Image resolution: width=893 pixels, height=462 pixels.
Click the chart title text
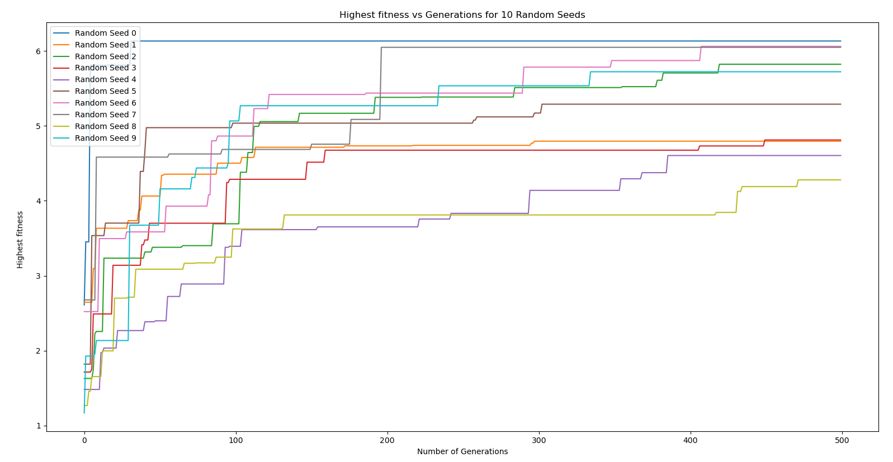[x=462, y=15]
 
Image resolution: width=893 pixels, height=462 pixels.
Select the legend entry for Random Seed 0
[x=105, y=34]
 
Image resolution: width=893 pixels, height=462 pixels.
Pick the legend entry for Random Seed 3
[x=105, y=68]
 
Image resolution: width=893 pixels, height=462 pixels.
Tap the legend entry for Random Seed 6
[x=105, y=103]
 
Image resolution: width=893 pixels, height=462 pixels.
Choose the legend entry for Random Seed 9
[x=105, y=138]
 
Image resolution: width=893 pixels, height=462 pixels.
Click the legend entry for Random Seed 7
[x=105, y=115]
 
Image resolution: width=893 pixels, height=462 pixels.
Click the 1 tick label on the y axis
[x=39, y=426]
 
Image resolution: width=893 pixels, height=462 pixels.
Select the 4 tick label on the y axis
[x=39, y=201]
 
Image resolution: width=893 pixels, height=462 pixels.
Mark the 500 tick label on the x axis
[x=842, y=440]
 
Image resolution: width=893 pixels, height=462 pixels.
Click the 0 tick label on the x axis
[x=84, y=440]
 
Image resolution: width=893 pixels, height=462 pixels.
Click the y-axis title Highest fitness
[x=20, y=240]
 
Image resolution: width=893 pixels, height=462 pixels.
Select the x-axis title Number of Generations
[x=462, y=451]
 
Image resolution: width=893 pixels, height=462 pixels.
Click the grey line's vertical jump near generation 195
[x=381, y=84]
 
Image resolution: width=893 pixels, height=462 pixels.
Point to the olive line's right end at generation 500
[x=840, y=180]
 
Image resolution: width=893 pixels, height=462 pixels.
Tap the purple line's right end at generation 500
[x=840, y=155]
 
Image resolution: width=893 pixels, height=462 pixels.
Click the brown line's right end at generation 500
[x=840, y=104]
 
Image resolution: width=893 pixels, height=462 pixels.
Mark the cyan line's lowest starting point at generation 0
[x=84, y=413]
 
